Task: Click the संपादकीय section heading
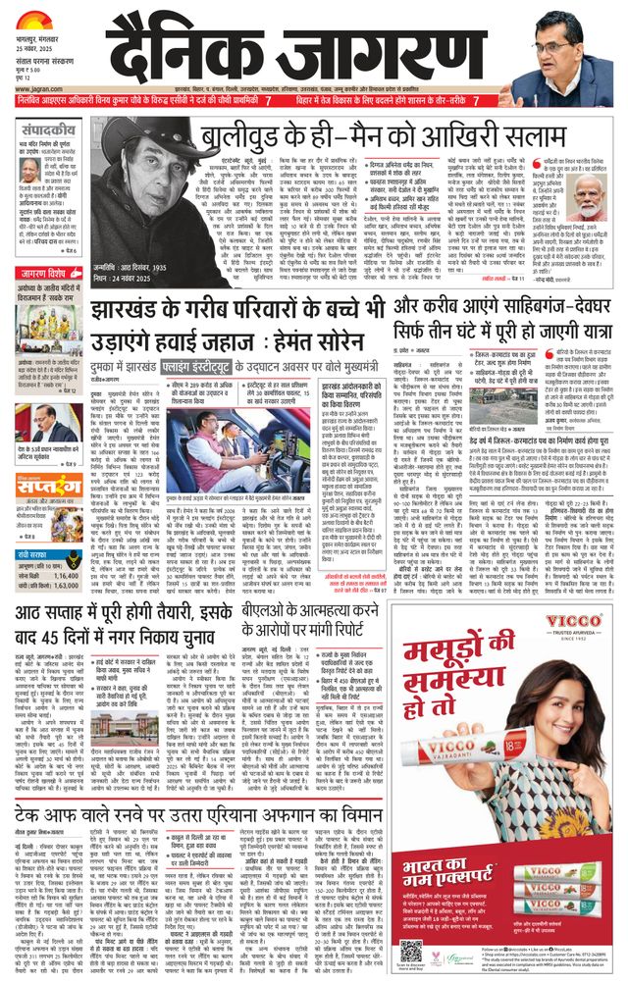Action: [47, 129]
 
